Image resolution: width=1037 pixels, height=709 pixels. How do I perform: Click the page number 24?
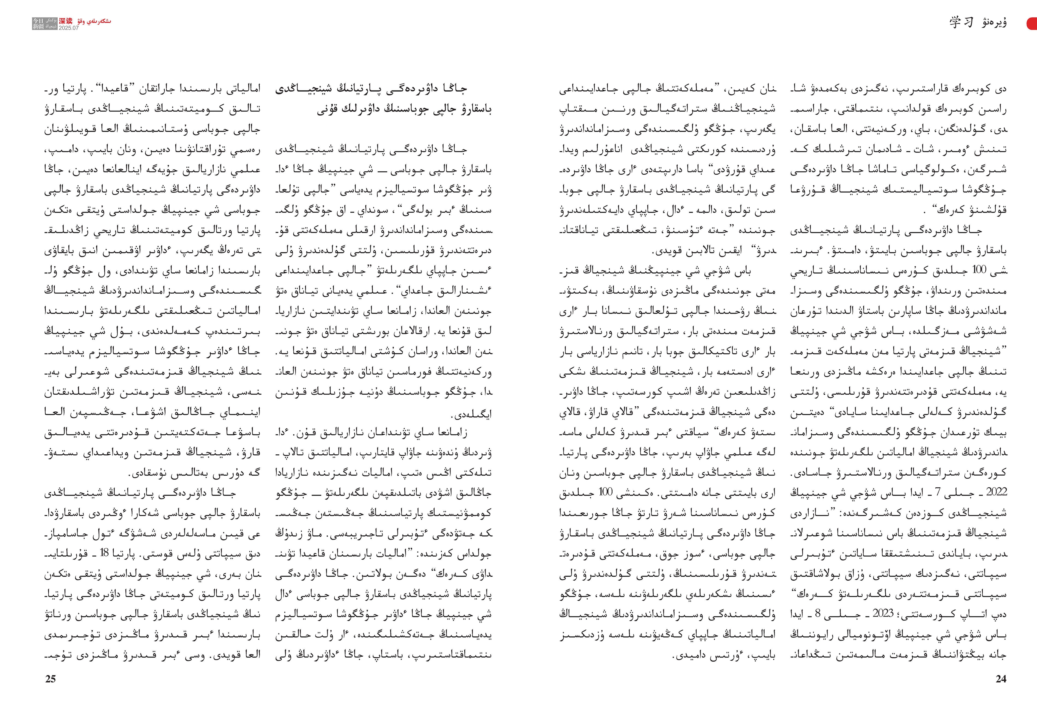pos(1001,679)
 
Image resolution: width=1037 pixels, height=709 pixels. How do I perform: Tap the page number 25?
pos(50,679)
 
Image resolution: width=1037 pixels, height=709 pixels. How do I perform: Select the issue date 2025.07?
pos(69,28)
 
